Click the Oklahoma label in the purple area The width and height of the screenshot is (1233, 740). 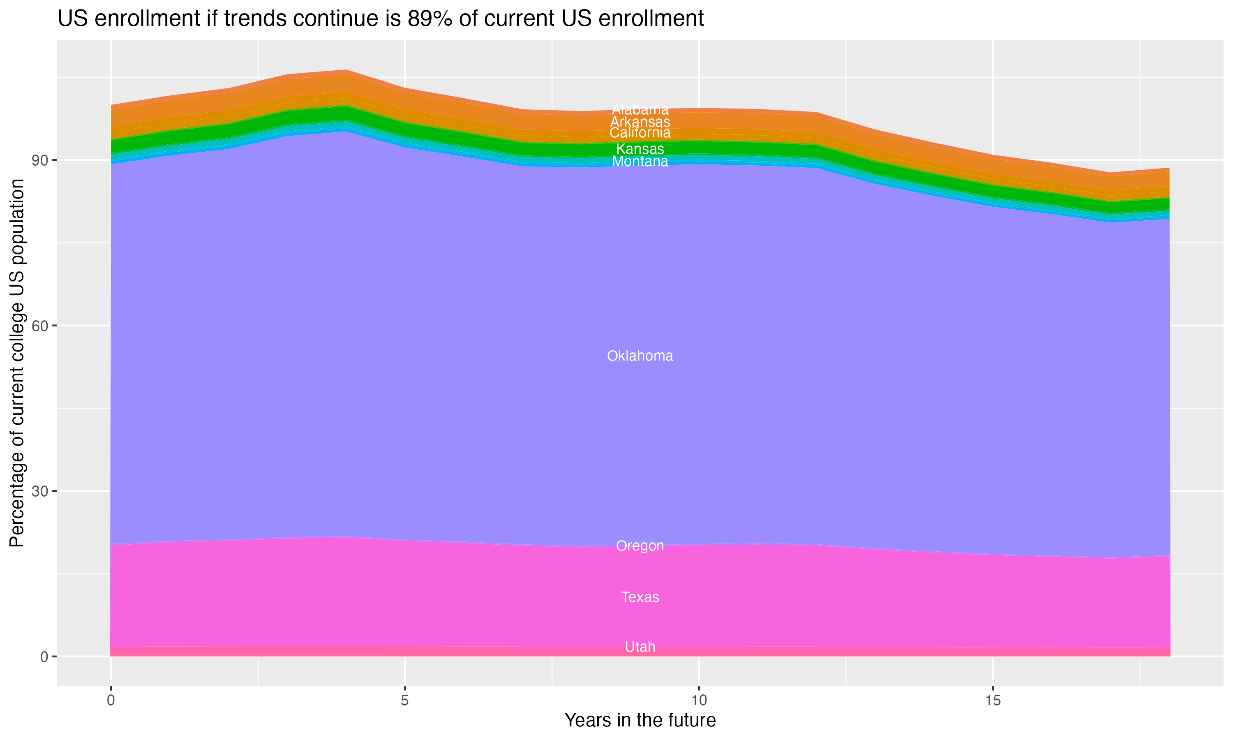coord(640,356)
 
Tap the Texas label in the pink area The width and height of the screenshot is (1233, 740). coord(640,597)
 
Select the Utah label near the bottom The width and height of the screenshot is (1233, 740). coord(640,647)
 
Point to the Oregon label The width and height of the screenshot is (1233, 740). coord(640,546)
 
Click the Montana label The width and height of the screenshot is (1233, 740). coord(640,162)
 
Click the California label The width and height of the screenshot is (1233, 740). coord(640,133)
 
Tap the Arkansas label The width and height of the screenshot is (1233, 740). coord(640,122)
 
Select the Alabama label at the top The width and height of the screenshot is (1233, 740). coord(640,109)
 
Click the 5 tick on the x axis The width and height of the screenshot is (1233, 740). coord(405,701)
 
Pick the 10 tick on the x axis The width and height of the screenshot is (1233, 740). coord(699,701)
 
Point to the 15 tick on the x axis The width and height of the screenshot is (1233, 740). coord(993,701)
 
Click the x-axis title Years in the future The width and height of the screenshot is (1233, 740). coord(640,721)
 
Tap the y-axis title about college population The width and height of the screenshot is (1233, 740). coord(17,363)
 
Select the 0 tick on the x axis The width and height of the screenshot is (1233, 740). coord(111,701)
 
